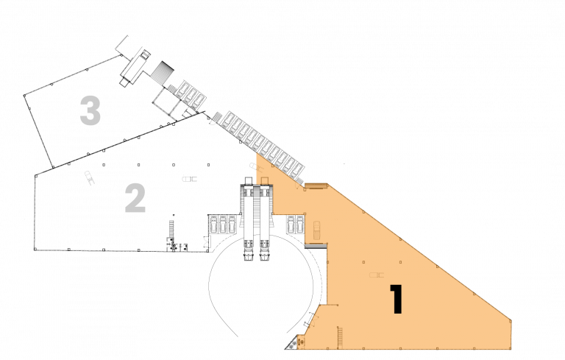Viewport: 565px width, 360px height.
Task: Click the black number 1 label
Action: point(397,299)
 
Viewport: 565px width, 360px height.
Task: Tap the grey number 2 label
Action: point(135,198)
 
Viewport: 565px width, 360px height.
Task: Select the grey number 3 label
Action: point(90,110)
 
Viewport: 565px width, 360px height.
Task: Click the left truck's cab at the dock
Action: point(248,254)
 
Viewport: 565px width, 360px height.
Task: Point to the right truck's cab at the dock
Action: point(265,254)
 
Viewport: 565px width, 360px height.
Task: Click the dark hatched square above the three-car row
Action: point(162,72)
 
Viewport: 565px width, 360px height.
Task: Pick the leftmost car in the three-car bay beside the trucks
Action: point(214,224)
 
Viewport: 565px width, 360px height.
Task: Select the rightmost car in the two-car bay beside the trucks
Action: point(300,224)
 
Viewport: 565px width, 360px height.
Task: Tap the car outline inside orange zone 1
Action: point(316,230)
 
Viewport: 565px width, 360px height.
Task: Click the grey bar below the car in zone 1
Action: point(316,246)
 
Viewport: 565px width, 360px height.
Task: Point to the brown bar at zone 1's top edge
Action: point(316,186)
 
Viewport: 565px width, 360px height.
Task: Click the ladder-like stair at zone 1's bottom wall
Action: point(340,338)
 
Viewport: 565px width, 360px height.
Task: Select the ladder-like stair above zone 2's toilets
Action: point(171,228)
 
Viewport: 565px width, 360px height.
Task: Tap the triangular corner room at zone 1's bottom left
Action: point(296,343)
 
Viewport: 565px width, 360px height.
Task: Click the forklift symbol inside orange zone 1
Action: point(377,275)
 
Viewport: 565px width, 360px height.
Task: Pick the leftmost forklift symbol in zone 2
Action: point(89,178)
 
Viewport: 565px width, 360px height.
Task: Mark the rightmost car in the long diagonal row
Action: point(297,169)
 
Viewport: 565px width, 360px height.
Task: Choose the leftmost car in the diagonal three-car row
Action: point(182,89)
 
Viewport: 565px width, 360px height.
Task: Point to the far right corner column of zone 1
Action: point(511,320)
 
